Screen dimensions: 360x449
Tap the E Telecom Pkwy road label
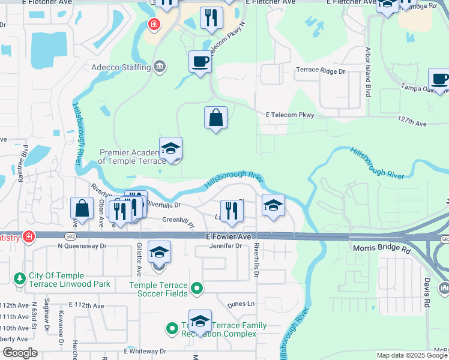click(x=290, y=115)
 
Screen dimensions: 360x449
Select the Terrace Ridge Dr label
click(x=321, y=71)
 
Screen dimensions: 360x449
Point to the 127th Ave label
click(x=411, y=122)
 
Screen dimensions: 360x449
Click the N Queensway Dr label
click(x=82, y=246)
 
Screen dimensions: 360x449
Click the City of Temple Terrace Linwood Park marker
click(x=20, y=279)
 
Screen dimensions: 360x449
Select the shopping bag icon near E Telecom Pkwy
click(x=215, y=118)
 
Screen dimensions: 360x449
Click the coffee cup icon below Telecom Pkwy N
click(x=200, y=61)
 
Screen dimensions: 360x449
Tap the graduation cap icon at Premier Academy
click(x=170, y=148)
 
